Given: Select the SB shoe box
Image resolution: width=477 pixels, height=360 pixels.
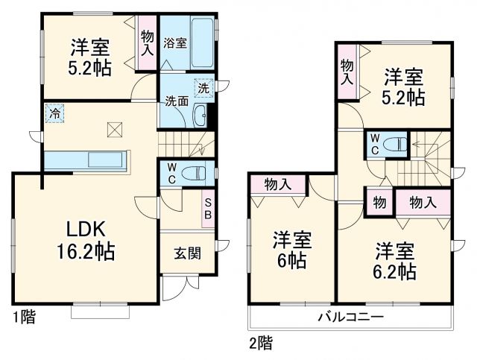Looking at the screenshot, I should point(209,209).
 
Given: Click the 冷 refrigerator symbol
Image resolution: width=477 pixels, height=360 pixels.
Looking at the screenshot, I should point(55,114).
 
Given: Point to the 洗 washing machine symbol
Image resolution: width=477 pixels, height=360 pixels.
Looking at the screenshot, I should point(203,87).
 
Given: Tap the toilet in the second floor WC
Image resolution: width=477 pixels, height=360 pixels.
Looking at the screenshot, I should point(397,144).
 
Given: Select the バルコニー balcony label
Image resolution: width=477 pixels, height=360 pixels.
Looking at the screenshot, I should point(351,317).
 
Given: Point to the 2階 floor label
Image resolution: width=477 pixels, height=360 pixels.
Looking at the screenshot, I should point(261,344).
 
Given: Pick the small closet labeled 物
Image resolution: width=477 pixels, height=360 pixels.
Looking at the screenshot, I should point(379,201).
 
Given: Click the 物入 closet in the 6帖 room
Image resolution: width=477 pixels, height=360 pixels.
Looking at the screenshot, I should point(278,184).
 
